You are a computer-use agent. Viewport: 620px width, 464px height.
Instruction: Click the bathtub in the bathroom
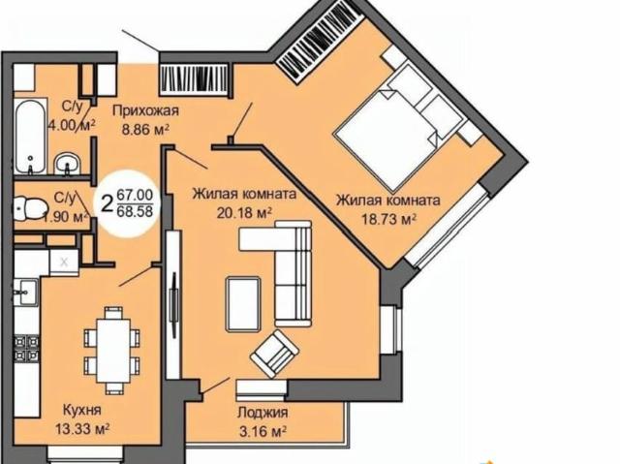pyautogui.click(x=31, y=137)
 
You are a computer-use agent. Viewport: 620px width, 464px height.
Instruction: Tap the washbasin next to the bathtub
pyautogui.click(x=68, y=164)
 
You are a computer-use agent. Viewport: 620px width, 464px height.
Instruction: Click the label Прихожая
pyautogui.click(x=145, y=111)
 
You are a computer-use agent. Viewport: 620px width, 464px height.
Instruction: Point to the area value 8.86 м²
pyautogui.click(x=145, y=130)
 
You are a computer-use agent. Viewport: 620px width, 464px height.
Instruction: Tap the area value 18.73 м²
pyautogui.click(x=389, y=219)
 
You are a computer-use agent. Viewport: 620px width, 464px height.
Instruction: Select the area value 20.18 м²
pyautogui.click(x=244, y=213)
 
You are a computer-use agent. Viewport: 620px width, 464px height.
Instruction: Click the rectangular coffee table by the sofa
pyautogui.click(x=243, y=304)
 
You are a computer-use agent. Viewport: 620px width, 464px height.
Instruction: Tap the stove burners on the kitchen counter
pyautogui.click(x=26, y=349)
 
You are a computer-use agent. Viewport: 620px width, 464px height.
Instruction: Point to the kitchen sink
pyautogui.click(x=26, y=293)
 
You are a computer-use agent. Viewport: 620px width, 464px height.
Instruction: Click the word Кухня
pyautogui.click(x=82, y=411)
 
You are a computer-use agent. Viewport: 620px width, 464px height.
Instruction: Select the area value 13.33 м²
pyautogui.click(x=82, y=428)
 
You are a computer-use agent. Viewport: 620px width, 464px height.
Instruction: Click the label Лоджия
pyautogui.click(x=263, y=413)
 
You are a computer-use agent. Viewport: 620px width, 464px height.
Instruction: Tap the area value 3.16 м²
pyautogui.click(x=263, y=431)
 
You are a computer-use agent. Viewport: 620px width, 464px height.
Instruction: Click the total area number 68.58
pyautogui.click(x=136, y=211)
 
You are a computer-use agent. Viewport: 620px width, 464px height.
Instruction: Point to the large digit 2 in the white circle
pyautogui.click(x=107, y=204)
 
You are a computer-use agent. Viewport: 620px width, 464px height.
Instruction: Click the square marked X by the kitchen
pyautogui.click(x=64, y=263)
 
